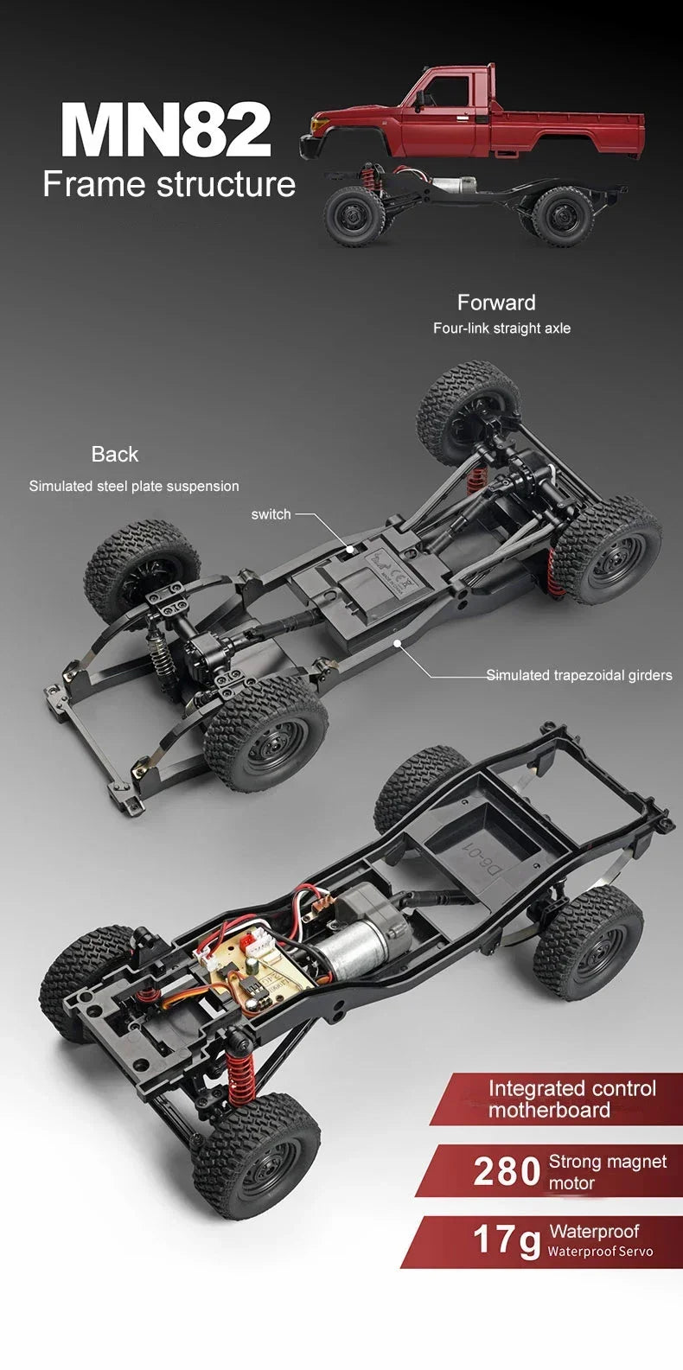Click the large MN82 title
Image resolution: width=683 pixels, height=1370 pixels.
point(166,129)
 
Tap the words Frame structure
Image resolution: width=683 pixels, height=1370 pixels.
point(169,184)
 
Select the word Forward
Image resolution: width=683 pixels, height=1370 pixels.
point(496,303)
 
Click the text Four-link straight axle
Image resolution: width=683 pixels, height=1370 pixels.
point(501,328)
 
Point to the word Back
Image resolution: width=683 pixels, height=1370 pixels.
point(114,455)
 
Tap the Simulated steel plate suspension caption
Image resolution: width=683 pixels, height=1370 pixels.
point(134,487)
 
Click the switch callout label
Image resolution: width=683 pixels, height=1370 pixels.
point(271,514)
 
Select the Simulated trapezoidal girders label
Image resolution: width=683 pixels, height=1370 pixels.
point(578,675)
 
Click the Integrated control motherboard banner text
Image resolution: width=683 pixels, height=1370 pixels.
point(571,1099)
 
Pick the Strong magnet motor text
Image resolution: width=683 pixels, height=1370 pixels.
point(607,1172)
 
